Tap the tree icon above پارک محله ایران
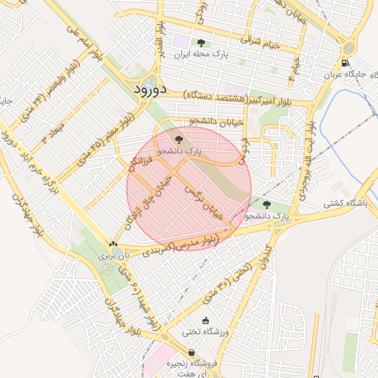201,43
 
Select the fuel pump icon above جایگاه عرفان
346,63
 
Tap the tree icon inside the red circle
177,138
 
